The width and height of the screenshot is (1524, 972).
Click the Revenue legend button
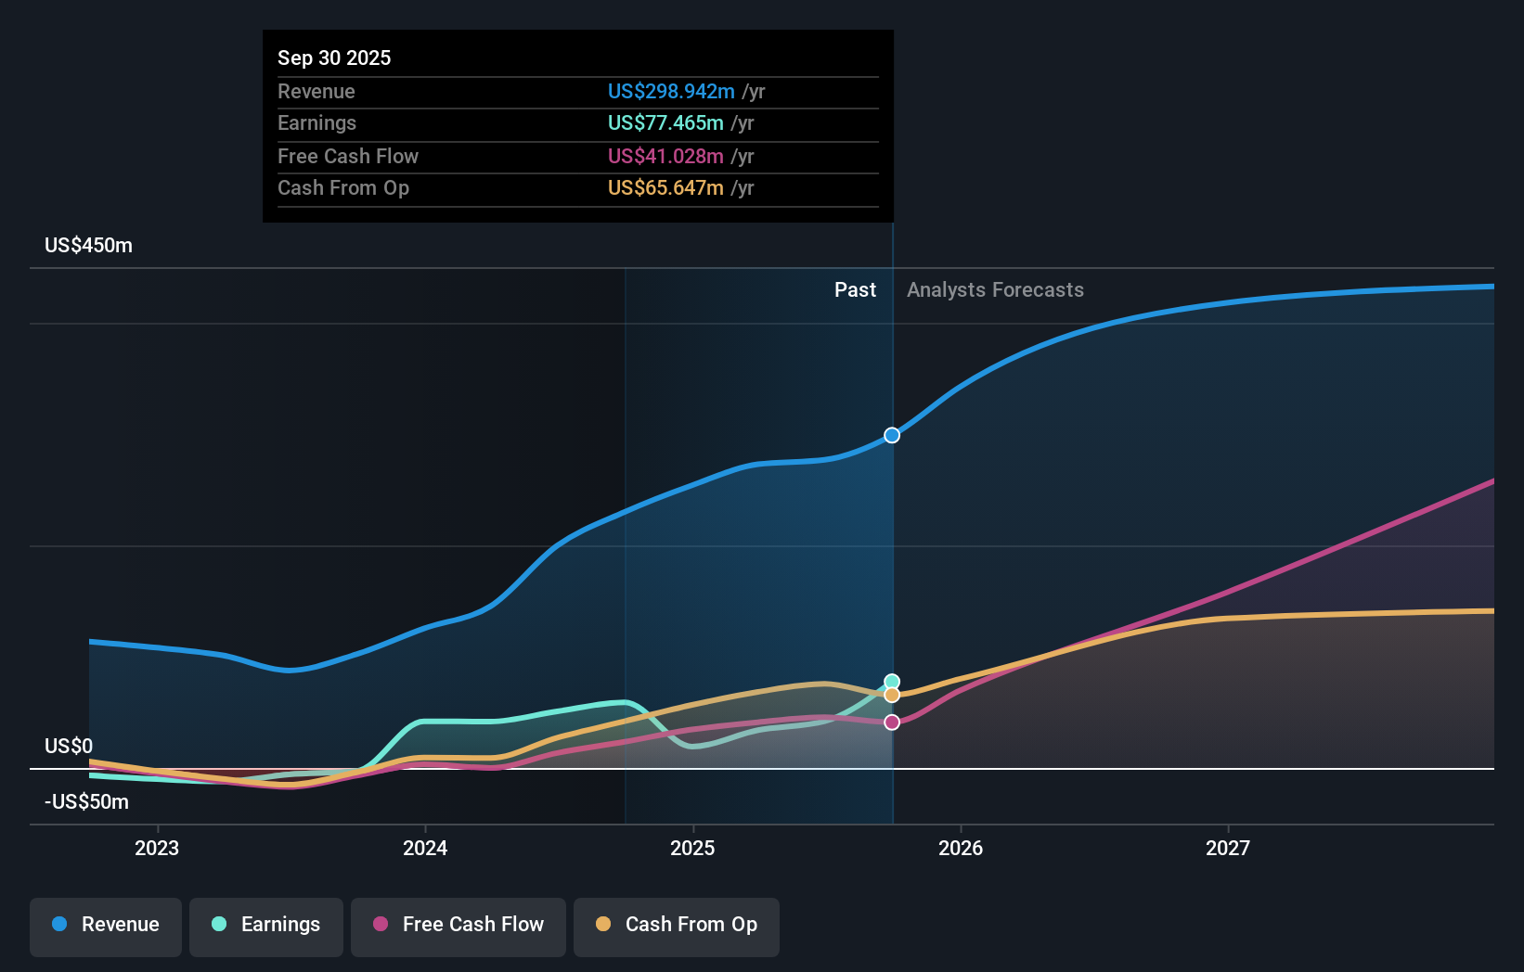(x=106, y=925)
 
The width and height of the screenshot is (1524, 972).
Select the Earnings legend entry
(x=266, y=925)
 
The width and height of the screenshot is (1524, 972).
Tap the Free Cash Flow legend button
(x=458, y=925)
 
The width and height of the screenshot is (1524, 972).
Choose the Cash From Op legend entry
(x=677, y=925)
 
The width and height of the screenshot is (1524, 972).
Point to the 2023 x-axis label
(x=157, y=848)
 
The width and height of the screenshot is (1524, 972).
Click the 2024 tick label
(x=425, y=848)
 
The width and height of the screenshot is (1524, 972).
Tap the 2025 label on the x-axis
(x=692, y=848)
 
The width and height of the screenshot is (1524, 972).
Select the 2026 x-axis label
(x=961, y=848)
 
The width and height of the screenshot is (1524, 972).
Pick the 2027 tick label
(x=1228, y=848)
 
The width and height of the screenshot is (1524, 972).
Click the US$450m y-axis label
(x=89, y=246)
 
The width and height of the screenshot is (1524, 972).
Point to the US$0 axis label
(x=69, y=747)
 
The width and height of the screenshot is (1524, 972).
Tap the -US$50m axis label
(x=87, y=802)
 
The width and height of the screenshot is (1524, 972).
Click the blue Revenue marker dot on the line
(x=892, y=435)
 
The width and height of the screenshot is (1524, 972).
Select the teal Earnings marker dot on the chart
(x=892, y=682)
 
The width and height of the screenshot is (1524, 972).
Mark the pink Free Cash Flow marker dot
(x=892, y=723)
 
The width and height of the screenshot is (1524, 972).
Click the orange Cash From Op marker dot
(x=892, y=696)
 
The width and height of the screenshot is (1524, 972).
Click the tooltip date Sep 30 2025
(x=334, y=58)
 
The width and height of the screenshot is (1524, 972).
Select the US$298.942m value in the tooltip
(x=671, y=92)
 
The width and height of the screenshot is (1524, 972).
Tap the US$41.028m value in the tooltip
(x=665, y=157)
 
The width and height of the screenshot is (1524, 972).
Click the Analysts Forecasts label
(x=995, y=290)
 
